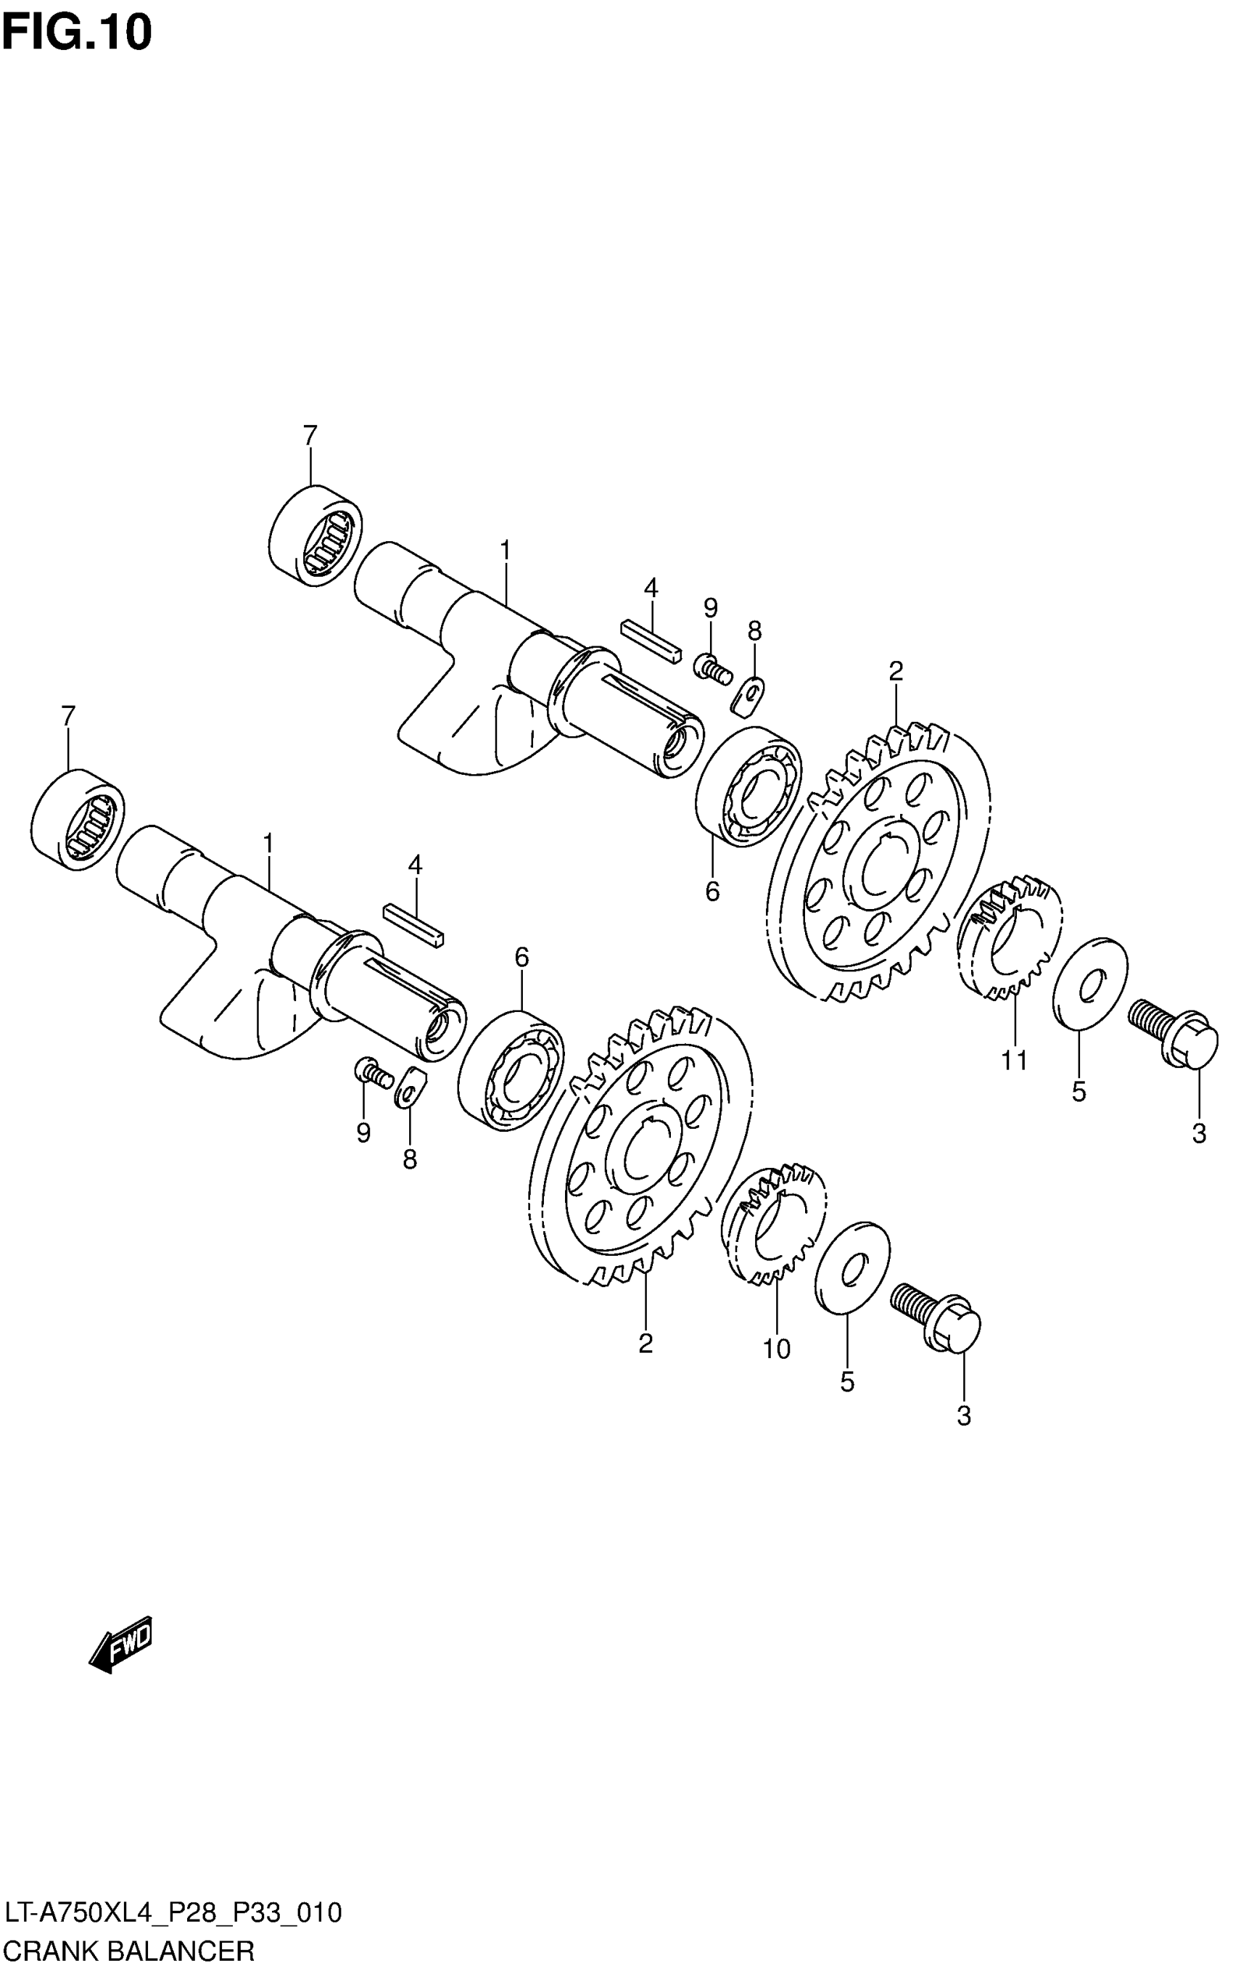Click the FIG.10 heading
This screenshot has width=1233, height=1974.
tap(78, 34)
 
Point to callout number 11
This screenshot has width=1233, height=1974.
tap(1015, 1061)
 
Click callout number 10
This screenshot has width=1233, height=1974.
tap(776, 1350)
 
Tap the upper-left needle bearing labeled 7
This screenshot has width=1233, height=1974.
tap(316, 535)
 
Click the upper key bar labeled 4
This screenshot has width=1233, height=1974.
tap(650, 641)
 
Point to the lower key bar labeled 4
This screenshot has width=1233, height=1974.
tap(413, 925)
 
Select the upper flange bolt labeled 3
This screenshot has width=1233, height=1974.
tap(1174, 1035)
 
